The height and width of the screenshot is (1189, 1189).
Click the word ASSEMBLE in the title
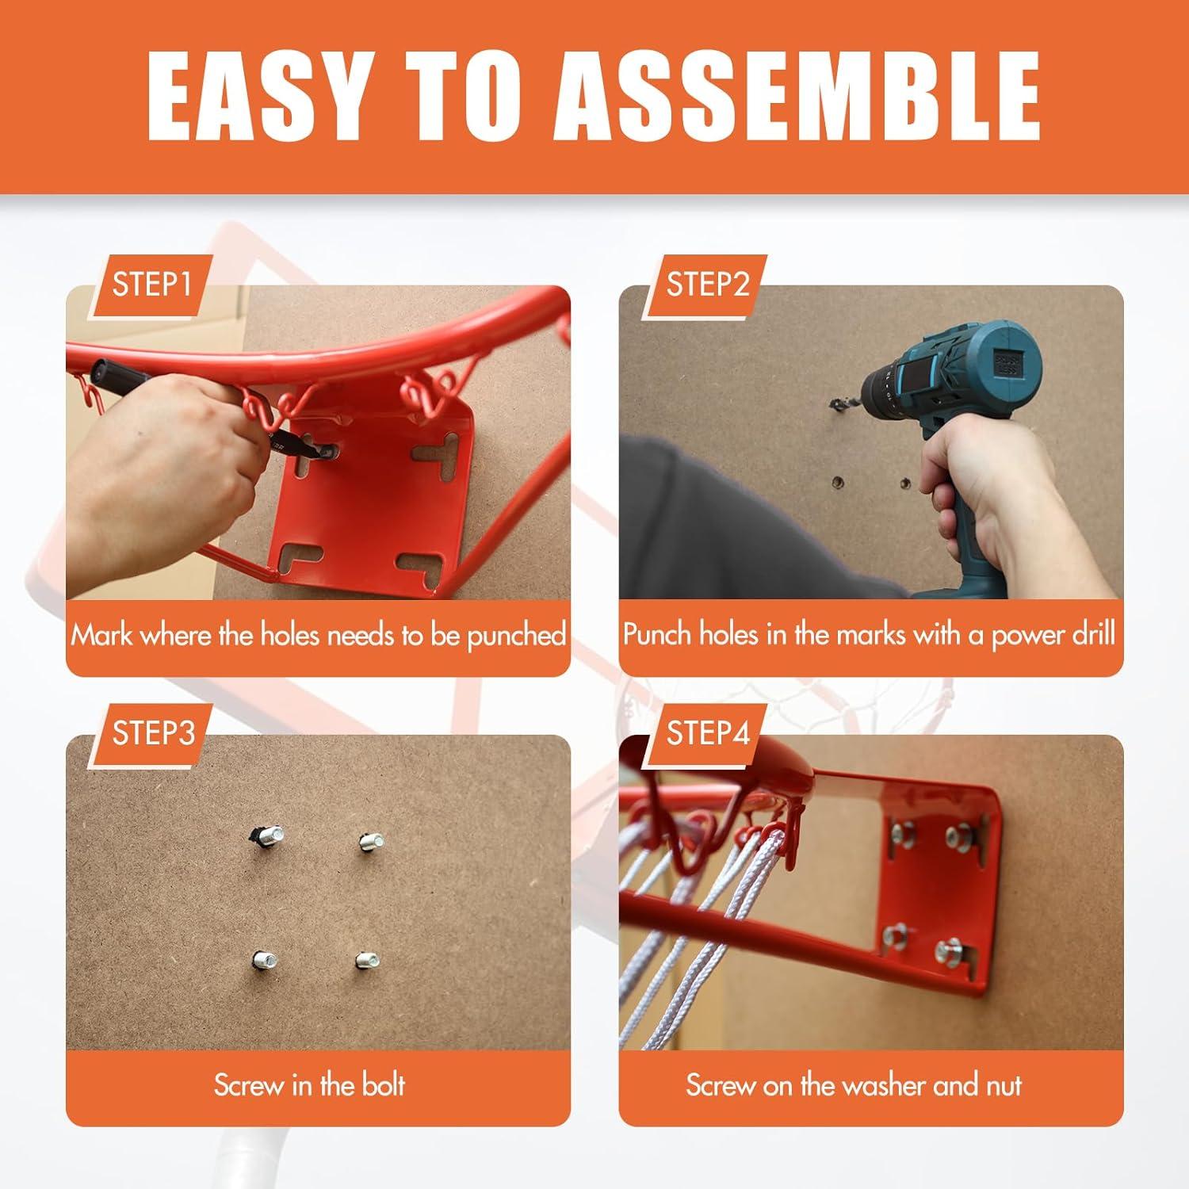(797, 97)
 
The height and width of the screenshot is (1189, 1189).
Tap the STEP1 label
(151, 285)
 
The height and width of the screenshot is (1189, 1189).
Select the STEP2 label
(707, 285)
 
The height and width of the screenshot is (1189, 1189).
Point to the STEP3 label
(153, 733)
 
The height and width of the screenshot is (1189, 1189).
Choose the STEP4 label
(707, 733)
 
